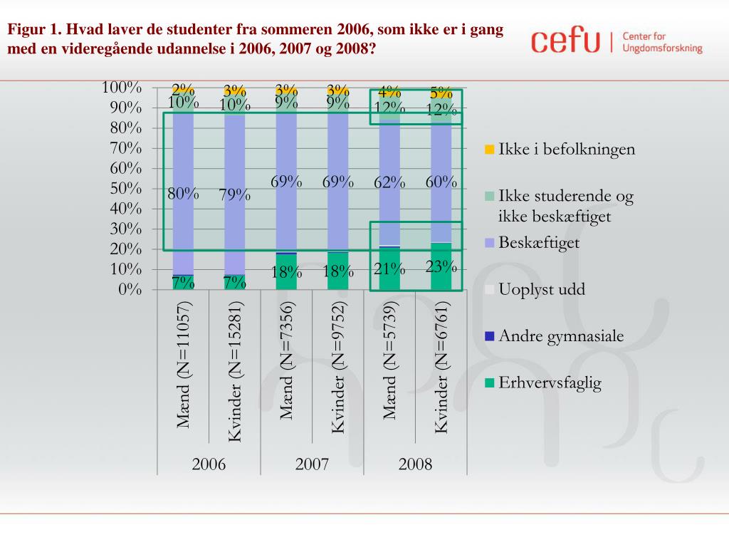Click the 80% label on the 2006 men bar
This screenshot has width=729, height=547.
point(183,194)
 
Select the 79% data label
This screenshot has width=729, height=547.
point(235,195)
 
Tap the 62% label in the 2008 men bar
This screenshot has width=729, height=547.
point(389,183)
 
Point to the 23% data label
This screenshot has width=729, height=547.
point(441,267)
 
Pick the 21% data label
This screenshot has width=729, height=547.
point(389,269)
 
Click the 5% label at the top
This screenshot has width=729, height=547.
point(441,93)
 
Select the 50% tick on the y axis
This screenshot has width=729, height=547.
point(125,188)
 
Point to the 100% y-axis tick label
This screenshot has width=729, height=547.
point(122,87)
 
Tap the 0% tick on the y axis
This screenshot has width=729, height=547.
point(130,289)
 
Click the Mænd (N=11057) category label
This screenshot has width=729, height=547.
point(184,365)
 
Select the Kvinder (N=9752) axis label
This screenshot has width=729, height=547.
point(338,367)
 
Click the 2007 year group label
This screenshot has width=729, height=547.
point(312,464)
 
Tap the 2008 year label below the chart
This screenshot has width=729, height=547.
point(416,464)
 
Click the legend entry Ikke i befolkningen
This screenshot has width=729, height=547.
point(566,150)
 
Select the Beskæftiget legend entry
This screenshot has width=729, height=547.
point(538,243)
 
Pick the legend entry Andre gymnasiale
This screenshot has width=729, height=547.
point(561,336)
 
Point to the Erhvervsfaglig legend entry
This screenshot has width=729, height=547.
point(550,383)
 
